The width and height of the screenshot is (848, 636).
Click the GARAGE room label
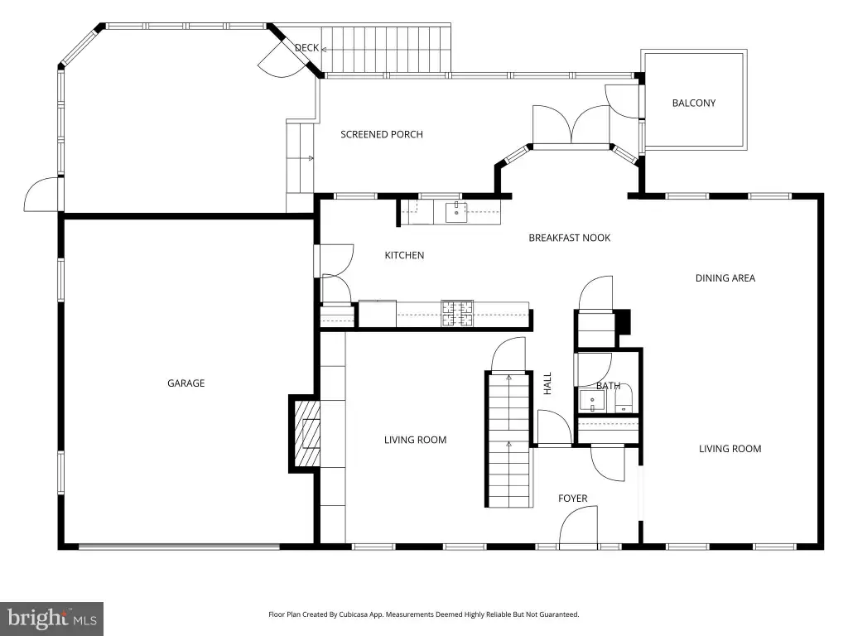tap(186, 383)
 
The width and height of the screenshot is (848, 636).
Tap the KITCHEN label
tap(404, 255)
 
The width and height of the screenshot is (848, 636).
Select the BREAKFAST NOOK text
tap(570, 238)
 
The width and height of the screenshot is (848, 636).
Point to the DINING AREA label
tap(725, 278)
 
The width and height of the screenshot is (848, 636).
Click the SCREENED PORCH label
tap(382, 135)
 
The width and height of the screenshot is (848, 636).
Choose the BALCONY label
tap(694, 104)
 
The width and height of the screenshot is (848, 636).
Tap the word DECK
tap(306, 48)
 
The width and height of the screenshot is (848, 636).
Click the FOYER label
tap(573, 499)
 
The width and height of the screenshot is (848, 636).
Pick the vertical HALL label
tap(547, 383)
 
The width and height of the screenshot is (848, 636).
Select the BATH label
tap(609, 386)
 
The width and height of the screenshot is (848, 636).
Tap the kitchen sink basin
tap(456, 213)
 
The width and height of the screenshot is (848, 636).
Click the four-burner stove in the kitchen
tap(457, 314)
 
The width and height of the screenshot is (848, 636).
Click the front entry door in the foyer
tap(578, 528)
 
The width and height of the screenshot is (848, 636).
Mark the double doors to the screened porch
tap(571, 125)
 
